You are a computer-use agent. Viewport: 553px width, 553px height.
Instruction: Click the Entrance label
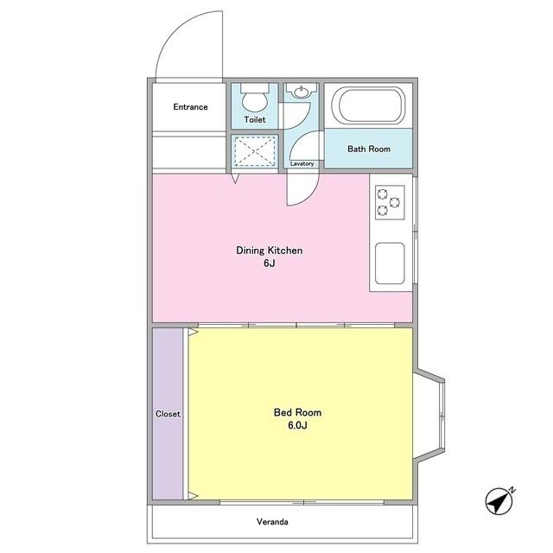click(x=190, y=107)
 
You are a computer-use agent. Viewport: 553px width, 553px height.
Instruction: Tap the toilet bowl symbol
click(x=255, y=98)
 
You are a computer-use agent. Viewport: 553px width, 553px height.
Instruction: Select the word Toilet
click(x=255, y=119)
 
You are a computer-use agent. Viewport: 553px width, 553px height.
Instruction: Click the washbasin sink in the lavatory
click(x=302, y=92)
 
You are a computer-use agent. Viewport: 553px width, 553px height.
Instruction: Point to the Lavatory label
click(x=302, y=163)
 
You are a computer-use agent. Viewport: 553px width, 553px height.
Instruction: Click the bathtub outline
click(x=368, y=105)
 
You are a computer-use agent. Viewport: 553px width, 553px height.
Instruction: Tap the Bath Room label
click(x=369, y=149)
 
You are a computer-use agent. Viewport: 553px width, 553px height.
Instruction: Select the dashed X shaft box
click(x=255, y=151)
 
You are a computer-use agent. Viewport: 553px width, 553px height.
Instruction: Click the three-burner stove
click(x=390, y=202)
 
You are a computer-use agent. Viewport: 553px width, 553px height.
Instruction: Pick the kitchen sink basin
click(x=390, y=264)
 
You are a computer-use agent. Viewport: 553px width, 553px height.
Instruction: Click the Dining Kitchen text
click(x=269, y=251)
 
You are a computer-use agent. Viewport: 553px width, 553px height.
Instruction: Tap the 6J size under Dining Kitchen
click(x=269, y=263)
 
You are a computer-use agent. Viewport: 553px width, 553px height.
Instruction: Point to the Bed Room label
click(x=297, y=412)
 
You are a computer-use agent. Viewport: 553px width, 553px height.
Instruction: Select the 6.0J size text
click(x=297, y=425)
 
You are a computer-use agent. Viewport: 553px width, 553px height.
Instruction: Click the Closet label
click(x=168, y=414)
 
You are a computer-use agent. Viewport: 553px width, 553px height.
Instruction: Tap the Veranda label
click(x=272, y=522)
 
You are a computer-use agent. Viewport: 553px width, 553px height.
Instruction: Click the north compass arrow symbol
click(x=499, y=500)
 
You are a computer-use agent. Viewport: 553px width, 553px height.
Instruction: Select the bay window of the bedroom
click(x=429, y=415)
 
